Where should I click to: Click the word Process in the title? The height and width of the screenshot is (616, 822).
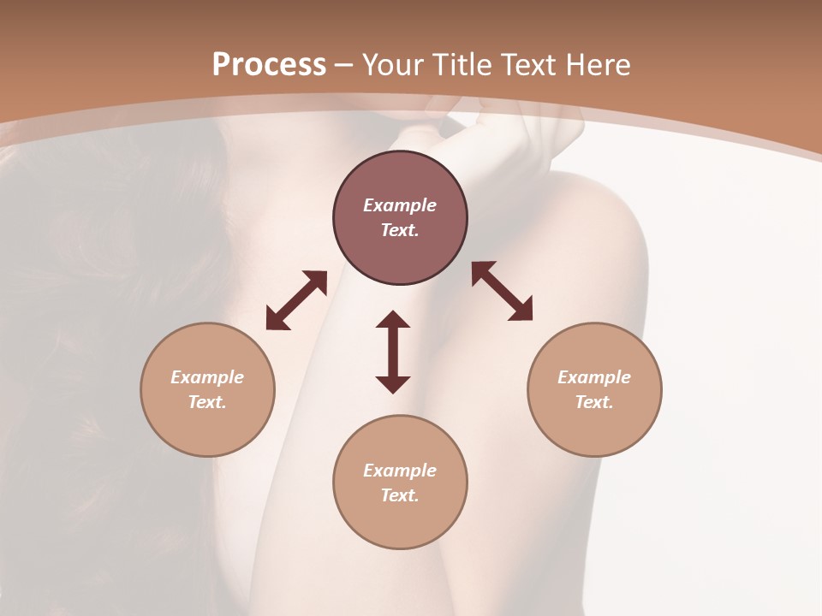(x=269, y=65)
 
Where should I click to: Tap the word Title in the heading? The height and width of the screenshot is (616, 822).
(x=461, y=65)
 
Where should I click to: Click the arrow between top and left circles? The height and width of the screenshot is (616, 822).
(x=296, y=300)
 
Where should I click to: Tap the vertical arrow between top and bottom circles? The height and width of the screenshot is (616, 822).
(x=393, y=352)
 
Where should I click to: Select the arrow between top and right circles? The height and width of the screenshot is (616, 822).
(x=502, y=291)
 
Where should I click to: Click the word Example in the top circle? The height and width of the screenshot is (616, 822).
(x=400, y=205)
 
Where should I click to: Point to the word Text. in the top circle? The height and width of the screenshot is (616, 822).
(x=400, y=230)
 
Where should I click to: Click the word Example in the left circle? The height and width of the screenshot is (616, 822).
(x=207, y=377)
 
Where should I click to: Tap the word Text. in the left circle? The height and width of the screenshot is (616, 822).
(x=207, y=402)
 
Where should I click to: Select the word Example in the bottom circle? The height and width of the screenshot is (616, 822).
(x=400, y=471)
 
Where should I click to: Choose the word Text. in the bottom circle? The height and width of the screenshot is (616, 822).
(x=400, y=495)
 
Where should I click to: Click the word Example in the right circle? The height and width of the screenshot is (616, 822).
(x=594, y=377)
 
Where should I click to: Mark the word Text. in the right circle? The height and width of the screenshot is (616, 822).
(x=594, y=402)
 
